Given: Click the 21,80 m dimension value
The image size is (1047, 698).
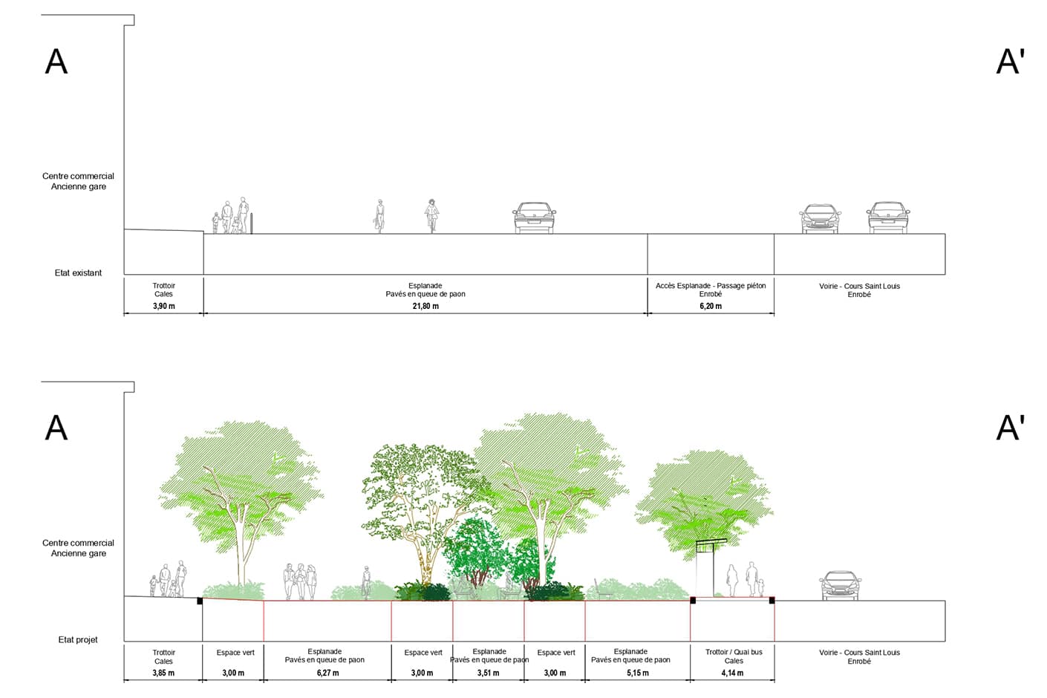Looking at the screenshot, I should click(425, 306).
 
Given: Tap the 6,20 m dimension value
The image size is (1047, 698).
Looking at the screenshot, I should click(711, 306).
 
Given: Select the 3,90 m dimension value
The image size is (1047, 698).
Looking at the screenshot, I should click(164, 306).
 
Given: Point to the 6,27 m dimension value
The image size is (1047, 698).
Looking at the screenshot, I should click(327, 673).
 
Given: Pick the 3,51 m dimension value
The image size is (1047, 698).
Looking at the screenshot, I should click(488, 673).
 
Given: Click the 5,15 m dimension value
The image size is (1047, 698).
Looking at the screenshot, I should click(637, 673).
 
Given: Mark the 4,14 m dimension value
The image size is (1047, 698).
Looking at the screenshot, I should click(732, 673).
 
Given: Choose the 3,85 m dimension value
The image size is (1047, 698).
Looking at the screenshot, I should click(163, 673).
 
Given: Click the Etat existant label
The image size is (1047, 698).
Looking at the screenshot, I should click(78, 273).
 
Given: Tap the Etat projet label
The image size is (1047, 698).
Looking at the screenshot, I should click(78, 639).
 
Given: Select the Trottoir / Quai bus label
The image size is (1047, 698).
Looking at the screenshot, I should click(734, 652).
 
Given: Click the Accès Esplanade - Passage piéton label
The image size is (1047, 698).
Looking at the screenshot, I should click(711, 285).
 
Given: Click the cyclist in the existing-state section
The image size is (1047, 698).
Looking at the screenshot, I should click(431, 215).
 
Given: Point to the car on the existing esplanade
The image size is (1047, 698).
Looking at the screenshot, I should click(534, 218).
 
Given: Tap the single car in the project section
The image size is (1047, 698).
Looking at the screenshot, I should click(841, 586).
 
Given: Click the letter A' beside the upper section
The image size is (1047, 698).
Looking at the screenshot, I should click(1010, 62).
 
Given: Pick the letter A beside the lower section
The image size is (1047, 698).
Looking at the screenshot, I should click(56, 428).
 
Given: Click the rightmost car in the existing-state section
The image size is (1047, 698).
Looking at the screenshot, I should click(888, 218).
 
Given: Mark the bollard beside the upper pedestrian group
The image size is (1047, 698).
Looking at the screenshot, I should click(252, 224).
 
